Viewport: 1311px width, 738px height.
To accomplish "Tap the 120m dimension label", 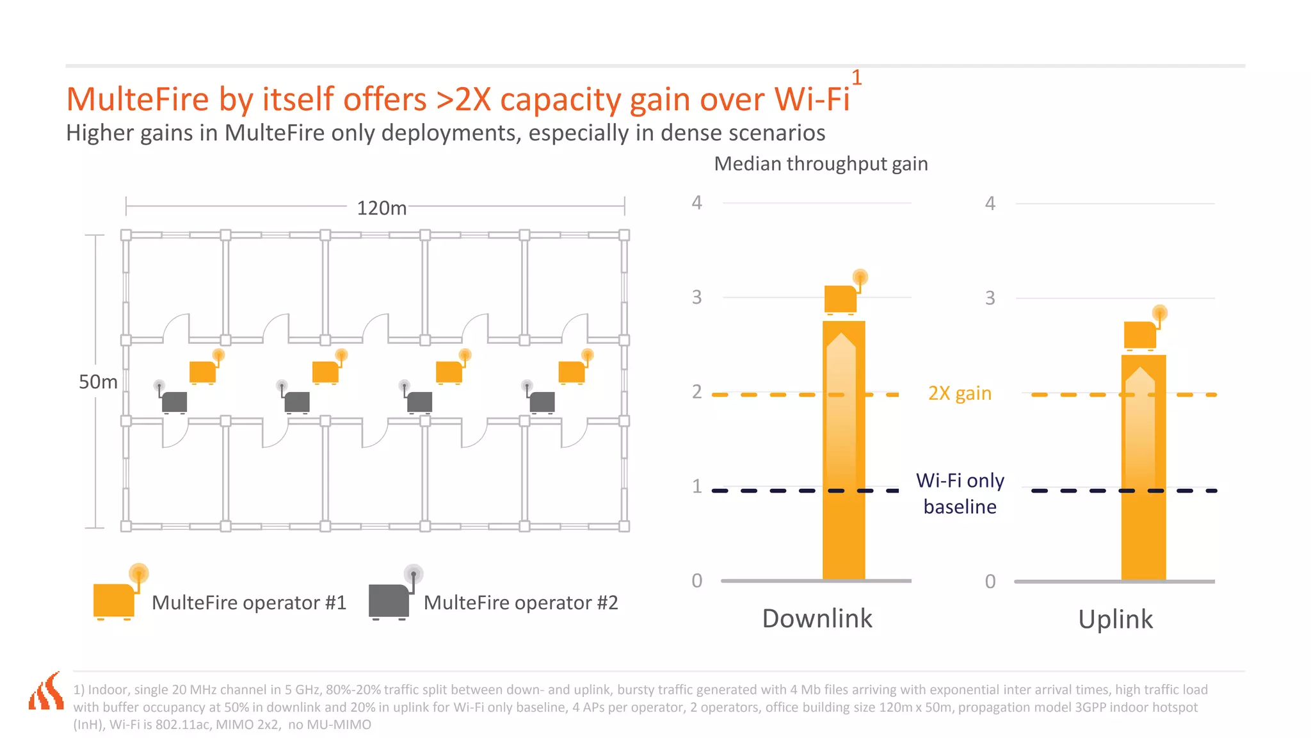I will coord(382,208).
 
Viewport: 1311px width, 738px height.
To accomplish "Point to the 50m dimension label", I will coord(98,382).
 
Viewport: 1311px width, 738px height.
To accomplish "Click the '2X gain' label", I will coord(959,393).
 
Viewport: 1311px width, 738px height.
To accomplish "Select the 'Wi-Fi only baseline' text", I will coord(960,493).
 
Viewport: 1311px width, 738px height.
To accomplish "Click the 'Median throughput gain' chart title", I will coord(821,164).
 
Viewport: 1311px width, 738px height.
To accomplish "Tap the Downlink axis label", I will coord(817,618).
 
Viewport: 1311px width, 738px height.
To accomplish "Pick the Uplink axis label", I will coord(1115,619).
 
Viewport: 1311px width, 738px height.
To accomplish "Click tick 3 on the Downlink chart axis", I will coord(696,297).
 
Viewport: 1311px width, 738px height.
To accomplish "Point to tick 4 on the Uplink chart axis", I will coord(990,204).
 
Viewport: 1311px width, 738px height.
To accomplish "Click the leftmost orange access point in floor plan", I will coord(204,371).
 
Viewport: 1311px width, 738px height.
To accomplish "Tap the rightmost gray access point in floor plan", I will coord(541,401).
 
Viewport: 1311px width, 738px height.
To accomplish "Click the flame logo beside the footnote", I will coord(46,693).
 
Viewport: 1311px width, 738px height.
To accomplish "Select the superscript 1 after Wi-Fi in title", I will coord(856,78).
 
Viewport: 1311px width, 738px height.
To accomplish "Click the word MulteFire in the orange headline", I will coord(138,100).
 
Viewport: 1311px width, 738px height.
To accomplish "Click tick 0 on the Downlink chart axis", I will coord(696,580).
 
